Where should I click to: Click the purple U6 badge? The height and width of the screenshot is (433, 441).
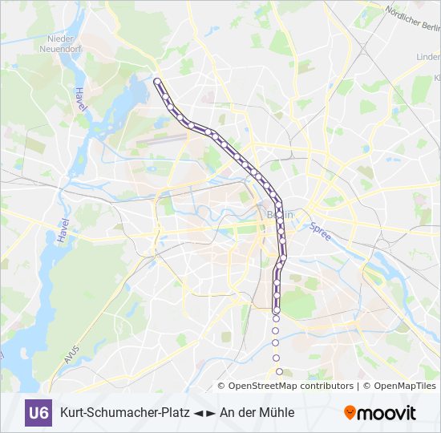click(x=38, y=413)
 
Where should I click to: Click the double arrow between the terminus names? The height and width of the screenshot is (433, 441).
click(x=205, y=413)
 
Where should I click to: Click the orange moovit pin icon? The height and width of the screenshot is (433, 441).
click(x=350, y=413)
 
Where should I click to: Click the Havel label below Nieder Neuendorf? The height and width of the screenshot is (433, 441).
click(x=79, y=100)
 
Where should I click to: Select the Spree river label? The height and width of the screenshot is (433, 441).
click(x=320, y=232)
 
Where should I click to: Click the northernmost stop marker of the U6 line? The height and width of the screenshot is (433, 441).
click(x=157, y=81)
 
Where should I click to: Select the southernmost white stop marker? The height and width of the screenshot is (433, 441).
click(x=279, y=371)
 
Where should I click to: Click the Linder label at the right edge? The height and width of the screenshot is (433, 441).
click(x=428, y=57)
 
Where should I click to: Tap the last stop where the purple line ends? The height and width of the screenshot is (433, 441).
click(x=277, y=310)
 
